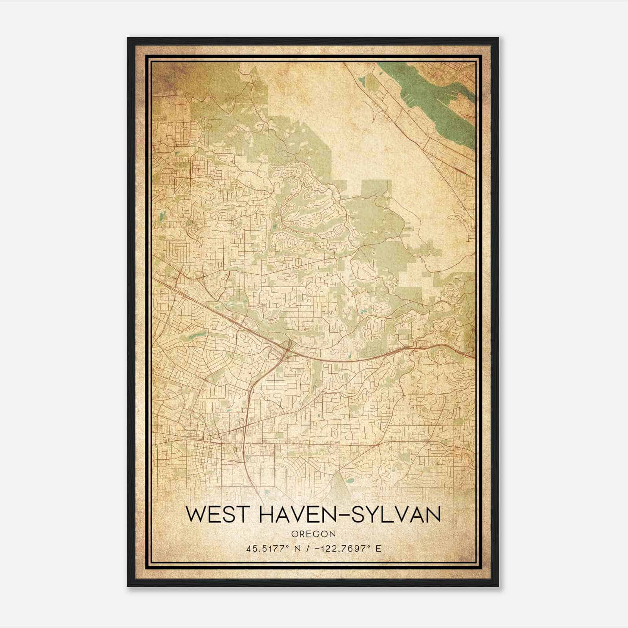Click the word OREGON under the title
(314, 534)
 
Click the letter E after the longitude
(378, 549)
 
